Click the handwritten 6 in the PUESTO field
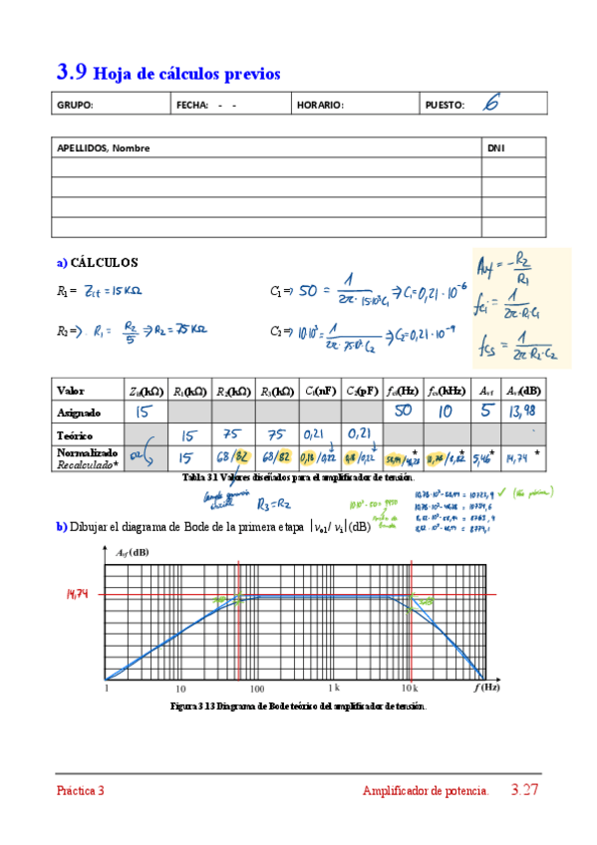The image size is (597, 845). click(x=490, y=103)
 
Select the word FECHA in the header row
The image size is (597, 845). click(x=192, y=105)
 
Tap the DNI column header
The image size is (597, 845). click(x=496, y=147)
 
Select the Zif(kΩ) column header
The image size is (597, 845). click(x=144, y=390)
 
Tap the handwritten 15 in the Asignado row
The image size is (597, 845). click(x=144, y=411)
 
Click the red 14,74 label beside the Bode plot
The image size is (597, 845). click(x=79, y=594)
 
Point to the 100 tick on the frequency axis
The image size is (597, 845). click(x=256, y=689)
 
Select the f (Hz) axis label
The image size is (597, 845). click(x=487, y=688)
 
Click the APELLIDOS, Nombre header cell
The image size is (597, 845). click(x=104, y=147)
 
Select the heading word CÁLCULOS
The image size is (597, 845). click(x=105, y=263)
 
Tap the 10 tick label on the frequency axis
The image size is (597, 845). click(x=180, y=689)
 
